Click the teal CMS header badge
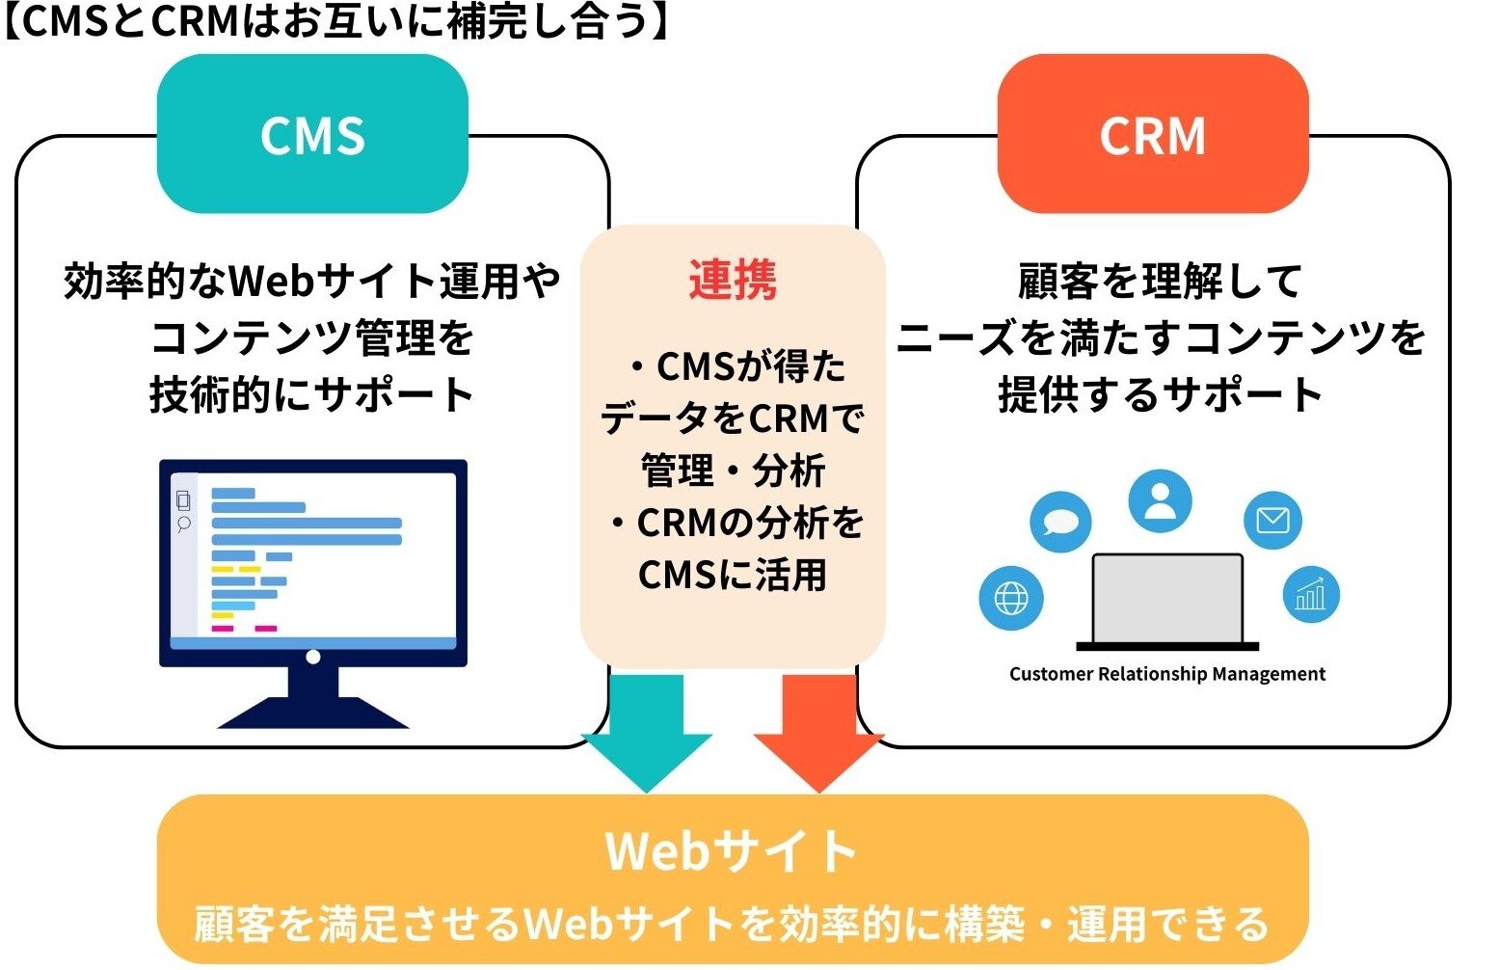click(x=312, y=134)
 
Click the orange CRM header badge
click(x=1152, y=134)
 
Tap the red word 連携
click(x=732, y=281)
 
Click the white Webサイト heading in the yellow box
click(x=731, y=850)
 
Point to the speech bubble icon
click(x=1060, y=522)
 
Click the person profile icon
click(x=1160, y=501)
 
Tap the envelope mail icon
click(x=1272, y=521)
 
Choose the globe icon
click(x=1010, y=598)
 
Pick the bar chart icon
click(x=1310, y=594)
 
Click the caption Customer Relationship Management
click(x=1166, y=674)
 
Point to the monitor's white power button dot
click(x=312, y=657)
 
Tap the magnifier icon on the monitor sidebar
click(x=183, y=524)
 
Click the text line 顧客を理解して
click(x=1160, y=282)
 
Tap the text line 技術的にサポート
click(x=311, y=394)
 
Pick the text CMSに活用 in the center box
click(x=732, y=575)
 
